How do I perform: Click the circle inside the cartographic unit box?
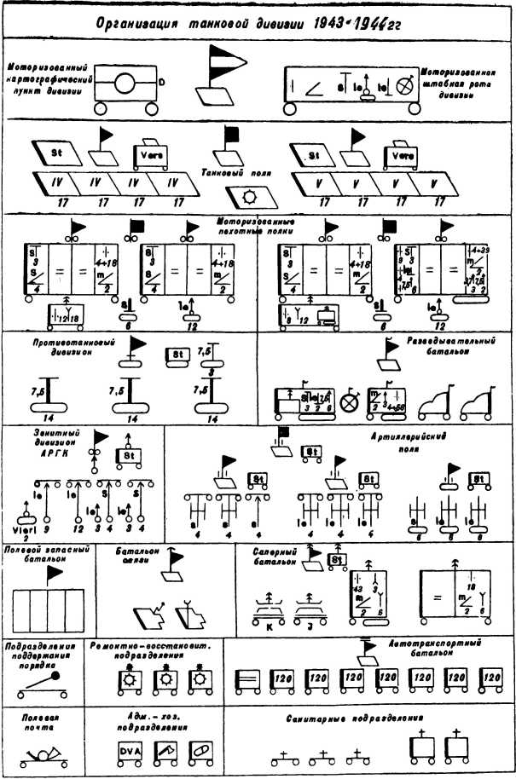coord(124,84)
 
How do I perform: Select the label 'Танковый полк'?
coord(229,171)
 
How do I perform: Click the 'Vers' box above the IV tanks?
coord(148,158)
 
